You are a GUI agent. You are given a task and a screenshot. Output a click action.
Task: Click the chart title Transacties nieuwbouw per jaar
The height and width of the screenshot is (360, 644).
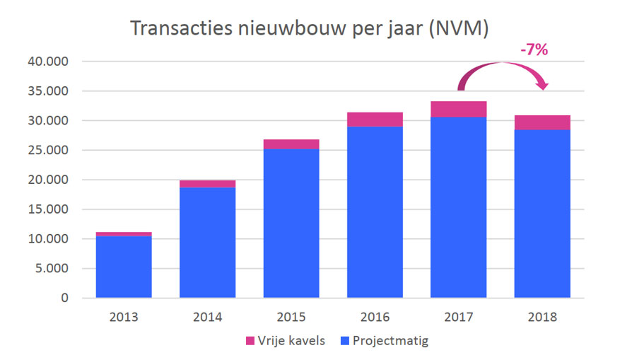click(310, 30)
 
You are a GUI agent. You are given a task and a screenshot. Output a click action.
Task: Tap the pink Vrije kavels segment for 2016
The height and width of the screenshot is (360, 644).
click(375, 120)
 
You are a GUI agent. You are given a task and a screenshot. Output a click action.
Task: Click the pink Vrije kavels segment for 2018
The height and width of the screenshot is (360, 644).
click(542, 122)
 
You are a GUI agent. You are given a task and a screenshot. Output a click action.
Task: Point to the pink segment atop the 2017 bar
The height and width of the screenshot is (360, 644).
click(458, 109)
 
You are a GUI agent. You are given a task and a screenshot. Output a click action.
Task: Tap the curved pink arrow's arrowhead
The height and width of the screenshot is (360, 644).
click(543, 85)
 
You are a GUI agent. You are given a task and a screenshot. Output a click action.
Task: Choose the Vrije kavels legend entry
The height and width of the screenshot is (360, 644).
click(285, 341)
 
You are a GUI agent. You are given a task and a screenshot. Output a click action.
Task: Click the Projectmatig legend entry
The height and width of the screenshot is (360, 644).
click(386, 341)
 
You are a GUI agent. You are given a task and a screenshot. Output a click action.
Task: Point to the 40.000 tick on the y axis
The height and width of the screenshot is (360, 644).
click(49, 62)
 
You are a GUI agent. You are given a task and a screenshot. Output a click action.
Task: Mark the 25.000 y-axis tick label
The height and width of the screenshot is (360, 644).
click(49, 151)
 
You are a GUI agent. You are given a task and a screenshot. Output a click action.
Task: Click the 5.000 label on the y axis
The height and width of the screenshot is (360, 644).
click(52, 269)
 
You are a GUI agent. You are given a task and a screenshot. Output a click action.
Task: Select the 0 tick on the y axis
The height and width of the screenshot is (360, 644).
click(64, 298)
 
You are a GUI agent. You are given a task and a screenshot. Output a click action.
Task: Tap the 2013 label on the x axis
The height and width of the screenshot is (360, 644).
click(124, 317)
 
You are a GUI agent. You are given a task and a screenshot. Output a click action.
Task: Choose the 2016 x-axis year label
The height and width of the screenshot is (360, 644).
click(375, 317)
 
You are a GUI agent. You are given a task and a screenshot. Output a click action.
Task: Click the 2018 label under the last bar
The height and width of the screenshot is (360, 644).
click(542, 317)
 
